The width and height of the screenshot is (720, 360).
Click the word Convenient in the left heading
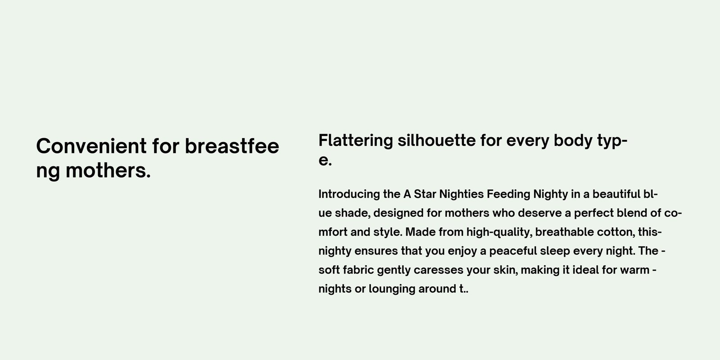[92, 146]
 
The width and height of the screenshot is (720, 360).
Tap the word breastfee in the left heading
[232, 146]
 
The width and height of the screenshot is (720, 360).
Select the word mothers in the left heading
[108, 171]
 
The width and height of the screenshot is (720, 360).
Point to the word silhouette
[436, 140]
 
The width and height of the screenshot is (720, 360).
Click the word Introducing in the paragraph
[349, 194]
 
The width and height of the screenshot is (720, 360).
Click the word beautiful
[616, 194]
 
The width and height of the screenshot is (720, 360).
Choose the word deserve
[540, 213]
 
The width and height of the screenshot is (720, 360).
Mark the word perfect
[594, 213]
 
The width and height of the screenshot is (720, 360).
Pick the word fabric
[358, 270]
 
